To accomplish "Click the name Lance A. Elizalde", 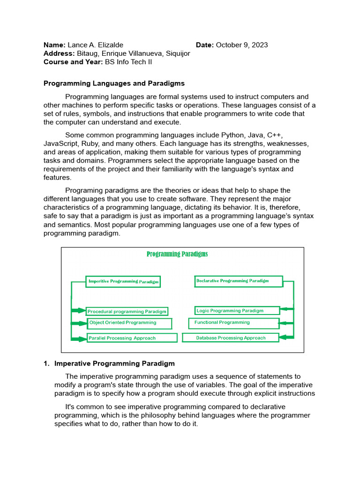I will [x=95, y=45].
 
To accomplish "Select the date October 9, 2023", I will [x=242, y=45].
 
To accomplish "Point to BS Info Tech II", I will [x=128, y=62].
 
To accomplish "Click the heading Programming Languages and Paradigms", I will [x=114, y=83].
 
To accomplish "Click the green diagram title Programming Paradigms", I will [x=177, y=254].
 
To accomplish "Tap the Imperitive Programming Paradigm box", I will [x=123, y=282].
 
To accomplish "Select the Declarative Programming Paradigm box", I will [x=238, y=281].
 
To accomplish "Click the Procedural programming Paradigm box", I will [x=127, y=311].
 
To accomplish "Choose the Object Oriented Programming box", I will [x=129, y=323].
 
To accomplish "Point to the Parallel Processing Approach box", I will [x=132, y=338].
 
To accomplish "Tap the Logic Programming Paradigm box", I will [x=237, y=310].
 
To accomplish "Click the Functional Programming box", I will [x=233, y=323].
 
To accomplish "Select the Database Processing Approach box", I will [x=231, y=337].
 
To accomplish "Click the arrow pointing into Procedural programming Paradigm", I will [x=78, y=311].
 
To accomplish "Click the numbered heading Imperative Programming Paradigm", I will [x=114, y=363].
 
